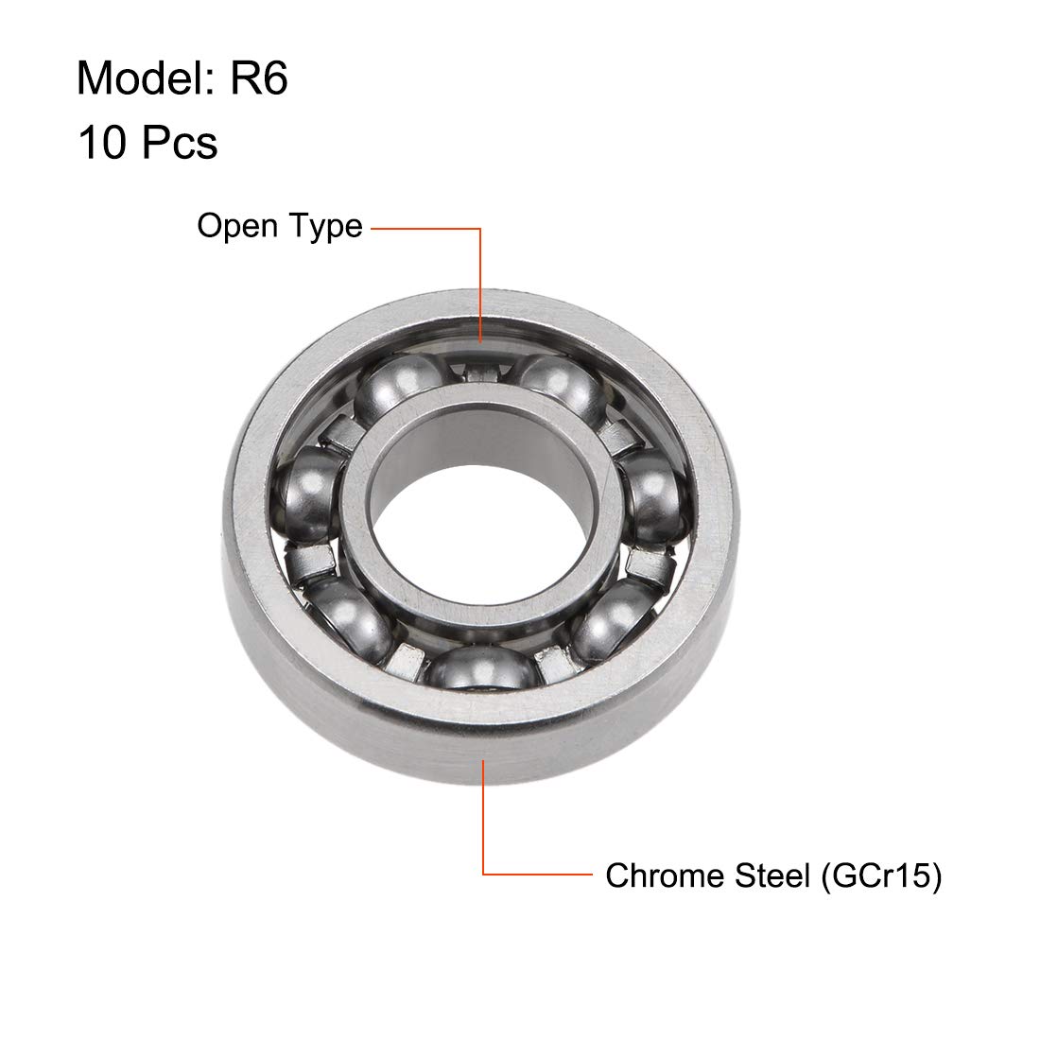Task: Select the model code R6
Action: point(257,78)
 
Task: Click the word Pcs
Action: point(180,144)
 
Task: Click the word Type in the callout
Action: point(325,227)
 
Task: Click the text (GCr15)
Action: point(879,875)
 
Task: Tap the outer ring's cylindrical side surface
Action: point(378,728)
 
